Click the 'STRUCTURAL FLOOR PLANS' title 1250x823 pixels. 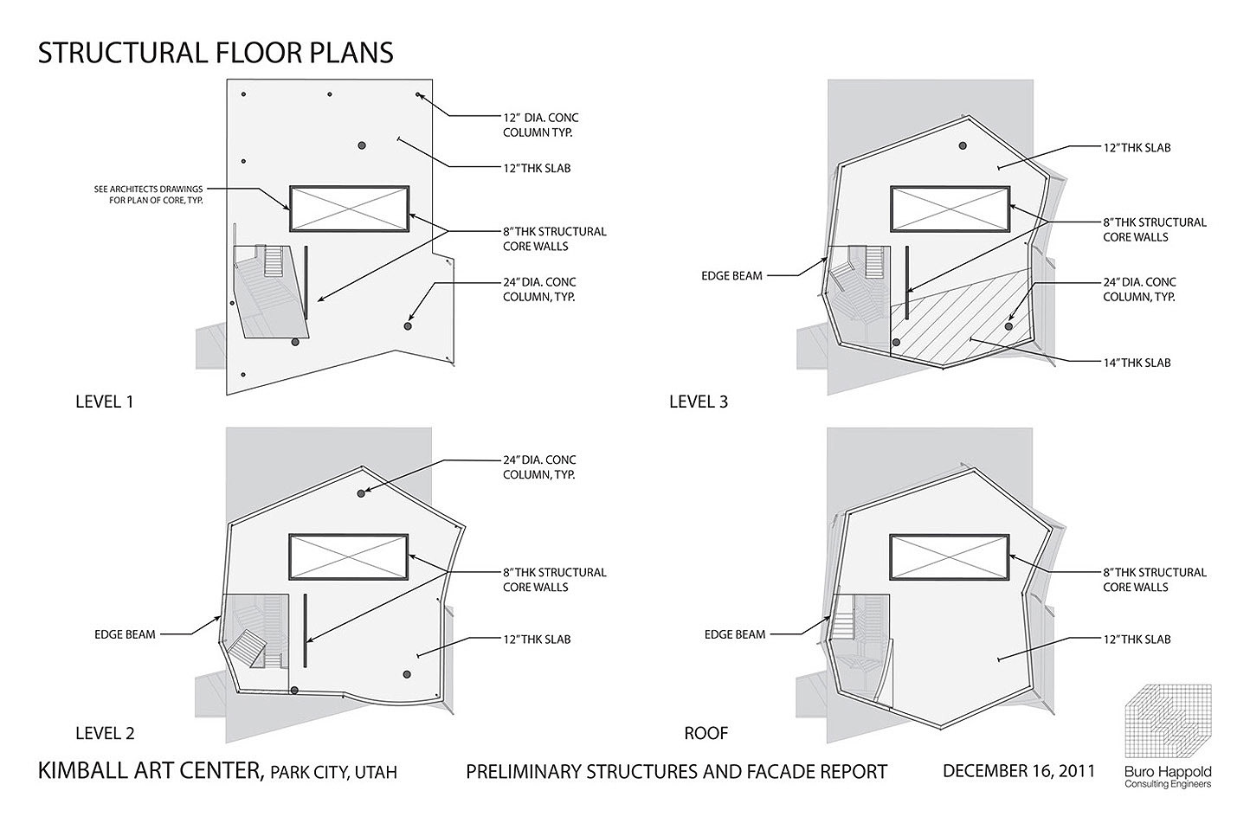tap(216, 53)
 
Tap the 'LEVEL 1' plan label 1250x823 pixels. tap(105, 402)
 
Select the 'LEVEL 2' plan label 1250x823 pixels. tap(105, 733)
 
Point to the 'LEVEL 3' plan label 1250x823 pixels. tap(699, 402)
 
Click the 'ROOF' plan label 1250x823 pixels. tap(706, 733)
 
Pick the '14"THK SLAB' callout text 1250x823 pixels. tap(1137, 363)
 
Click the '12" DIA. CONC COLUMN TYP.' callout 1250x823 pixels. tap(541, 125)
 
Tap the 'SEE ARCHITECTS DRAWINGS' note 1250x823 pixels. tap(148, 190)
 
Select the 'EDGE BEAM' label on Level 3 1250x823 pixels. tap(731, 276)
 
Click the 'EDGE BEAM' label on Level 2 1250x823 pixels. tap(125, 634)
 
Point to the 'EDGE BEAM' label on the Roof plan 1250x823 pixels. tap(735, 634)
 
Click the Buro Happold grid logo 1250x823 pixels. tap(1168, 721)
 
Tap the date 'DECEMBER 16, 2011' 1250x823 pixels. tap(1019, 771)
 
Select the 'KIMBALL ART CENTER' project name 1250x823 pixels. tap(151, 770)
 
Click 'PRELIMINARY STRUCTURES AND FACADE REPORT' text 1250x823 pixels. tap(676, 772)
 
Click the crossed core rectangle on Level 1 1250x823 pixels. tap(350, 209)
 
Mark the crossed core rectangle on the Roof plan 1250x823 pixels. tap(950, 557)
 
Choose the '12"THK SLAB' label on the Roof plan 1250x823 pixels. tap(1137, 640)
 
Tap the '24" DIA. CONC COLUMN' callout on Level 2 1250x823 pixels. tap(539, 467)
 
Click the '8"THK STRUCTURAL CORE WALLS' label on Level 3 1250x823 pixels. tap(1155, 229)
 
